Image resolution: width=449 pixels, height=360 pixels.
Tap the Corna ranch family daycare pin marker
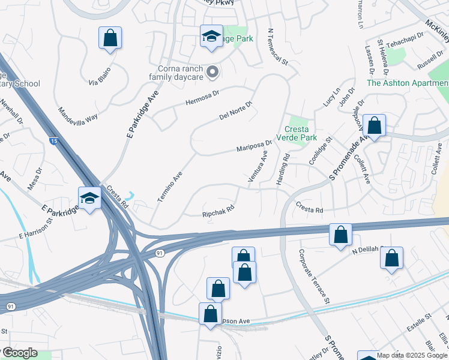click(212, 73)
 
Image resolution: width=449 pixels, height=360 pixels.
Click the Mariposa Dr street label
click(254, 145)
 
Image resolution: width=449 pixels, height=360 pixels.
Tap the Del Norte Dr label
click(236, 110)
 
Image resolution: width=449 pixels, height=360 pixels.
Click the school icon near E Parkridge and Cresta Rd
click(89, 197)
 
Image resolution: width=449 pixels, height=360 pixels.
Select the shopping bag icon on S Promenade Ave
click(374, 126)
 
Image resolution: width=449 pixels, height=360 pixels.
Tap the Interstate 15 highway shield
click(53, 141)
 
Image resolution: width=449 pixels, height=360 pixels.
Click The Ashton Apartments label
click(408, 83)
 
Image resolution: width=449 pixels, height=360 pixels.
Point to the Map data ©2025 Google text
click(412, 355)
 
